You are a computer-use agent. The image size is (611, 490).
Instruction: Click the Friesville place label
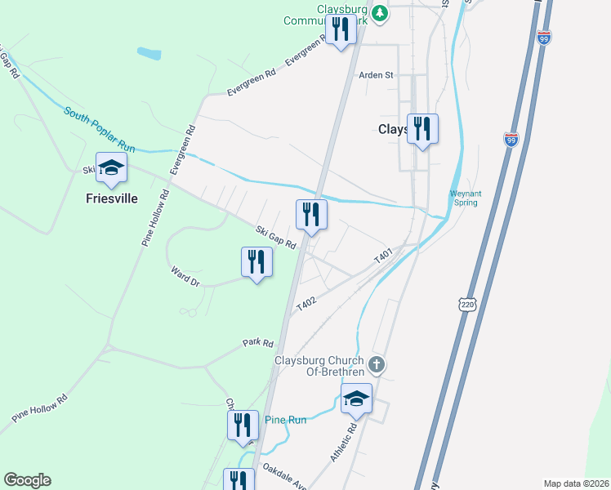pyautogui.click(x=112, y=198)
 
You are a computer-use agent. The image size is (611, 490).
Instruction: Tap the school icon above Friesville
pyautogui.click(x=112, y=168)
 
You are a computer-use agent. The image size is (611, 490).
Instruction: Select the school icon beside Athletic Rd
pyautogui.click(x=356, y=399)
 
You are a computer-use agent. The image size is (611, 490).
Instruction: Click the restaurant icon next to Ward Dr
pyautogui.click(x=256, y=262)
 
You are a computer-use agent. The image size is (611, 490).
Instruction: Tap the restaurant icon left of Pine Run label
pyautogui.click(x=243, y=425)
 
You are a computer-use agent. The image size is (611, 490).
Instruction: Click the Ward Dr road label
pyautogui.click(x=185, y=275)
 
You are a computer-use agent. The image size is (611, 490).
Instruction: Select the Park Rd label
pyautogui.click(x=256, y=343)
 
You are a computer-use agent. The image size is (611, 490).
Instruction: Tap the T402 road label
pyautogui.click(x=306, y=302)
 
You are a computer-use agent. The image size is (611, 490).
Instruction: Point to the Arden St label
pyautogui.click(x=377, y=75)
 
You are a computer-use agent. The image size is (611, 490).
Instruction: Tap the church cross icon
pyautogui.click(x=377, y=363)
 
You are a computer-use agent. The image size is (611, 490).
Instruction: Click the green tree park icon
pyautogui.click(x=379, y=13)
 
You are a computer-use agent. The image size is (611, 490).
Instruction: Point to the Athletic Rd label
pyautogui.click(x=344, y=442)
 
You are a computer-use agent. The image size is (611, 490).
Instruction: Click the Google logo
pyautogui.click(x=27, y=480)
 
